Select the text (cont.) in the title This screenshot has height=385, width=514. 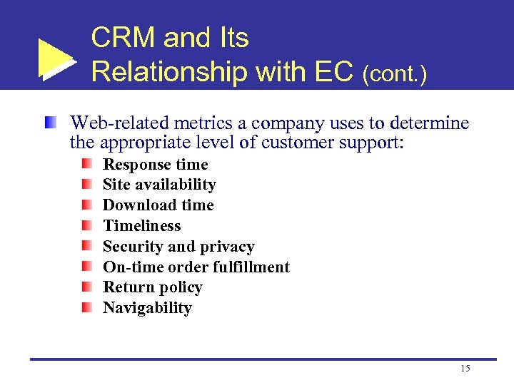pos(395,73)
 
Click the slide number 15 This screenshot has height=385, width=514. pos(465,369)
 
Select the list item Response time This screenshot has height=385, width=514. pos(155,165)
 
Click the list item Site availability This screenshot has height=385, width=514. pos(159,185)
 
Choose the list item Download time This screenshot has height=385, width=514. pos(158,205)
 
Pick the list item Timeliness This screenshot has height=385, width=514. pos(141,226)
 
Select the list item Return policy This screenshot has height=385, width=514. pos(152,287)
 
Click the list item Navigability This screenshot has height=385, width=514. pos(147,308)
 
